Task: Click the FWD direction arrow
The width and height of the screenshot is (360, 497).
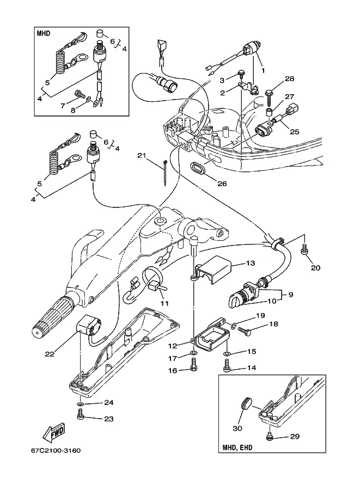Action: point(54,432)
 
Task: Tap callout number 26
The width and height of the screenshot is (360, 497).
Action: point(222,183)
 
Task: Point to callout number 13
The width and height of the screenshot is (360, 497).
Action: point(251,263)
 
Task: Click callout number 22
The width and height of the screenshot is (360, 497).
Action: point(50,354)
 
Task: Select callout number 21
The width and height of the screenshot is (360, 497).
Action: point(142,155)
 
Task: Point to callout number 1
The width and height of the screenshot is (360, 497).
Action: point(263,70)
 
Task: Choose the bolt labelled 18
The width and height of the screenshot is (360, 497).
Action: point(244,331)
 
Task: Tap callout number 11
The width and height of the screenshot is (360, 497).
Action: point(164,303)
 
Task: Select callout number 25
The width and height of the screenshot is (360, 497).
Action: point(295,131)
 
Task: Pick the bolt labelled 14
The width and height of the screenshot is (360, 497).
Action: point(227,366)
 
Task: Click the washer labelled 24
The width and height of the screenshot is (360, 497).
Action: point(81,404)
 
